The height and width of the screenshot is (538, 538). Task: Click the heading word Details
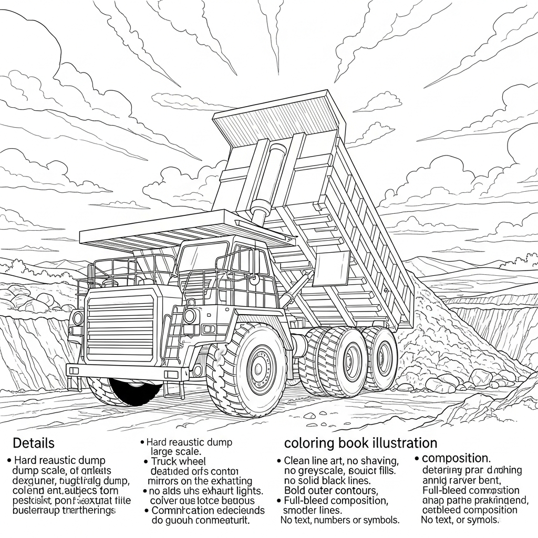[34, 443]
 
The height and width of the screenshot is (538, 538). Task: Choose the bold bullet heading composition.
[456, 458]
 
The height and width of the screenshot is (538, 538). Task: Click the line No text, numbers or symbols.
[339, 520]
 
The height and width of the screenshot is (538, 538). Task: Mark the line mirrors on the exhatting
[200, 481]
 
